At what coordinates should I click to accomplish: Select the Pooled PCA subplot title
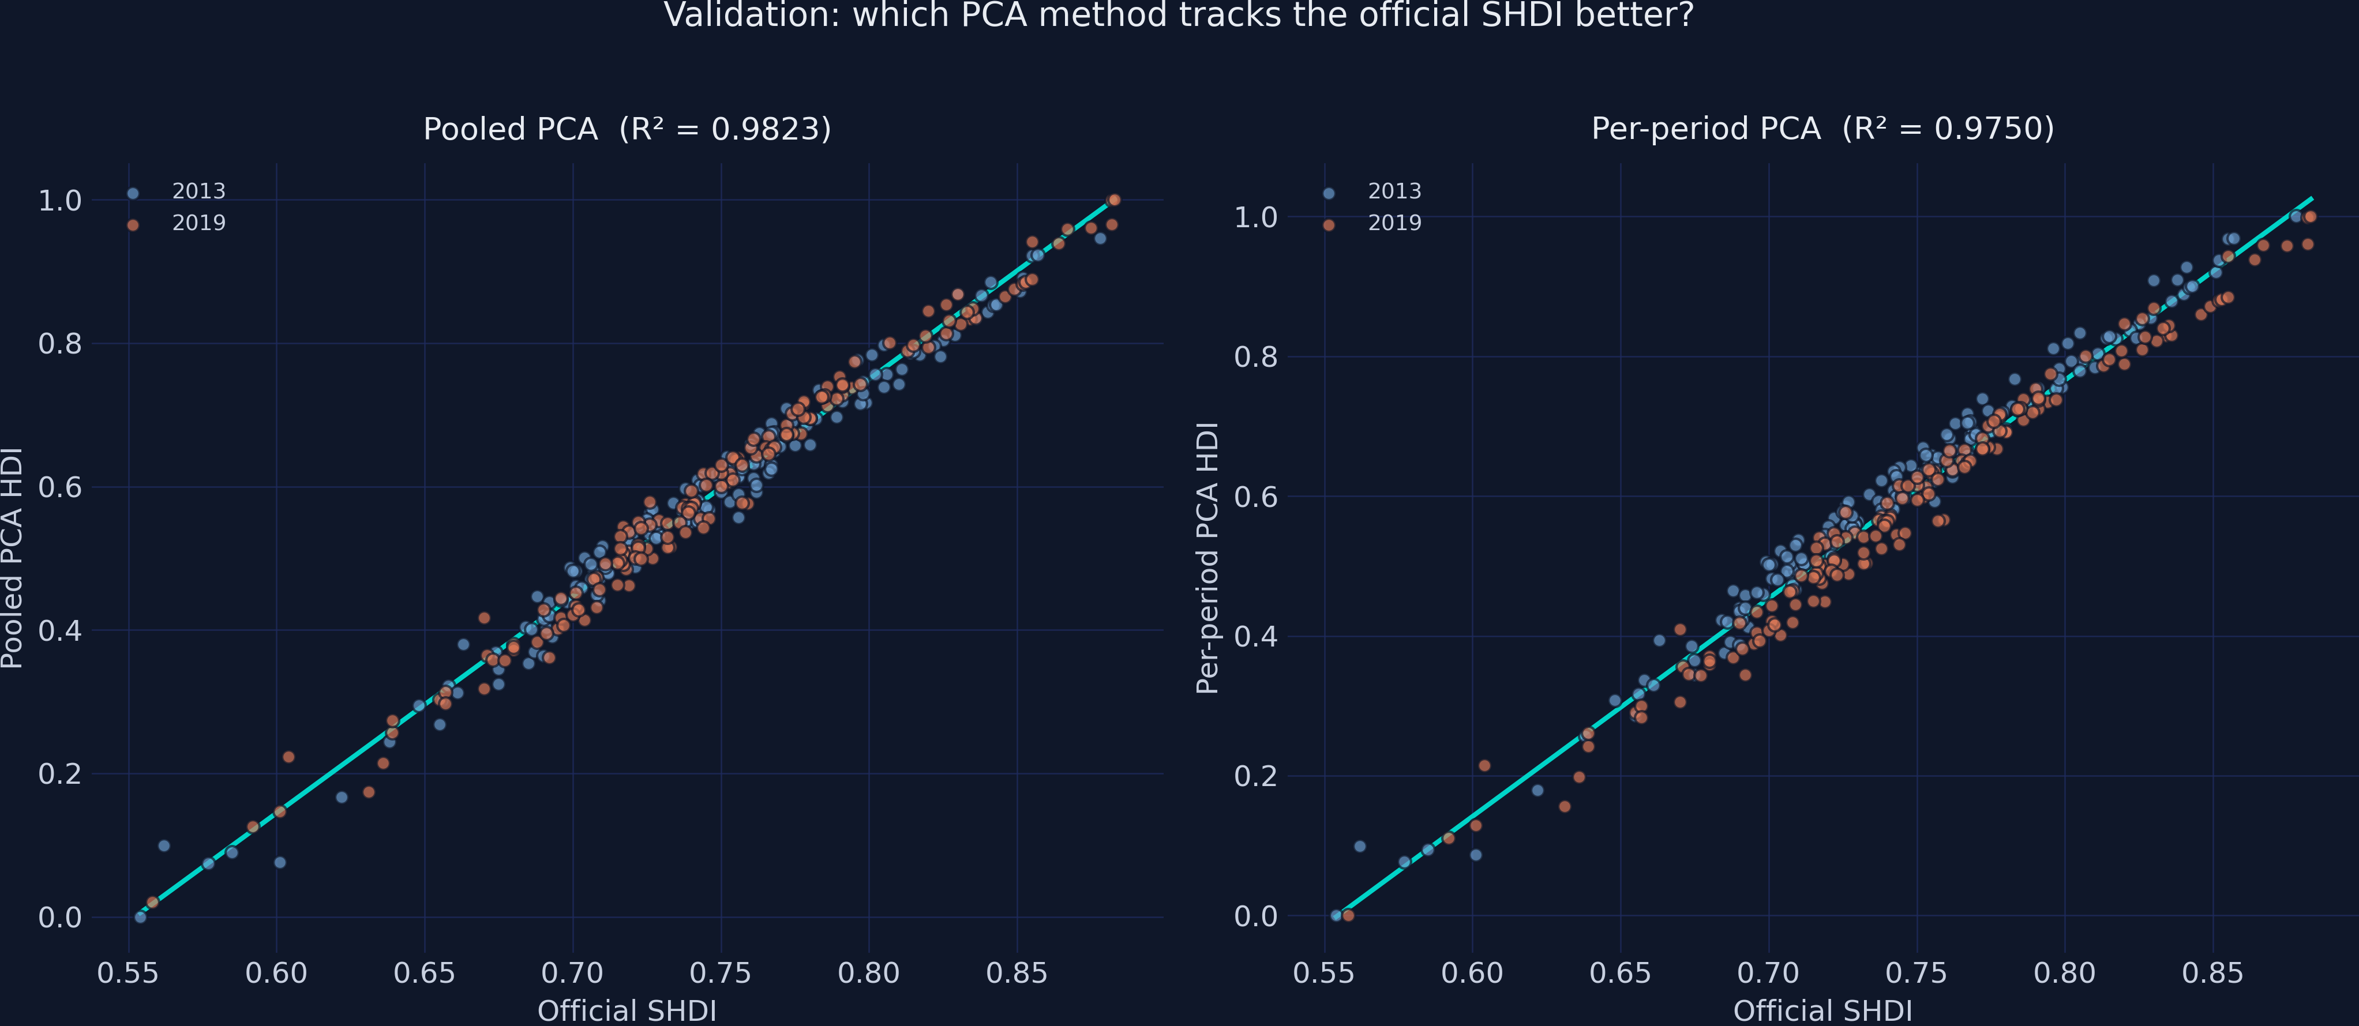point(627,129)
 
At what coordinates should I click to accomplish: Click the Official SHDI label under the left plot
point(627,1010)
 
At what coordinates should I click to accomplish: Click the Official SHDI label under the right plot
point(1822,1010)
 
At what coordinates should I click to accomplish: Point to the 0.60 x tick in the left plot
point(276,973)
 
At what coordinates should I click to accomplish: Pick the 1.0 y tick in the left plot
point(59,201)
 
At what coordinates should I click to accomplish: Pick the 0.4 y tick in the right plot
point(1255,636)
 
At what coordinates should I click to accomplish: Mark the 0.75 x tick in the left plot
point(721,973)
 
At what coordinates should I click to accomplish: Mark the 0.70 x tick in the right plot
point(1768,973)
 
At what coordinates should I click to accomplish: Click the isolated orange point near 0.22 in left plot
point(288,757)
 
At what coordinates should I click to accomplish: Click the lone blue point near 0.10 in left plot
point(164,845)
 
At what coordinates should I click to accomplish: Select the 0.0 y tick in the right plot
point(1255,916)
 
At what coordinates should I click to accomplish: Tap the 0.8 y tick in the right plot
point(1255,357)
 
